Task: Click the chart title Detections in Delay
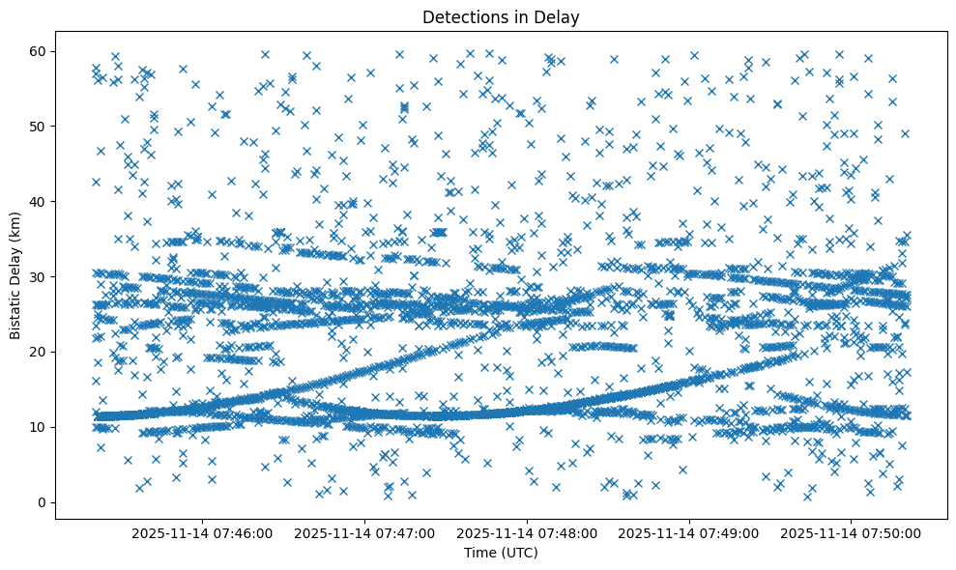coord(501,16)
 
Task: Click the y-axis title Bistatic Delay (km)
coord(15,276)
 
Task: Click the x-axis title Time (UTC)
coord(501,553)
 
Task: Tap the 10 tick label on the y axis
coord(40,427)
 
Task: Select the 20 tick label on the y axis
coord(40,352)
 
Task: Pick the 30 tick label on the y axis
coord(40,276)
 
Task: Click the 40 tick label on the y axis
coord(40,201)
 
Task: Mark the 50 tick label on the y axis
coord(40,126)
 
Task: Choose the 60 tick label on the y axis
coord(40,50)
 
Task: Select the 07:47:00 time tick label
coord(366,532)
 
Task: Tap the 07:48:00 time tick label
coord(528,532)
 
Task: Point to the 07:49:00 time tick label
coord(690,532)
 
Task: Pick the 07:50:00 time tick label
coord(852,532)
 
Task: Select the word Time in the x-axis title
coord(479,553)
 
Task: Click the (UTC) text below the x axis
coord(517,553)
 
